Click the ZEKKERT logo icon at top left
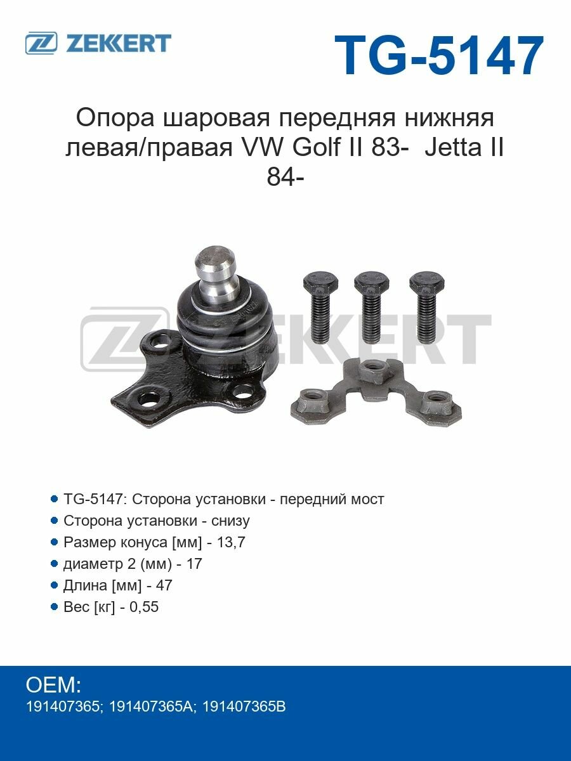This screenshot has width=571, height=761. pyautogui.click(x=41, y=43)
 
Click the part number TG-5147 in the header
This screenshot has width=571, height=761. pyautogui.click(x=439, y=55)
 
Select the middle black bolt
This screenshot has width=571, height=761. pyautogui.click(x=372, y=307)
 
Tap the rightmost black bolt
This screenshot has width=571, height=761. pyautogui.click(x=426, y=307)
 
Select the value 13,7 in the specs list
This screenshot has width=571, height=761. pyautogui.click(x=231, y=542)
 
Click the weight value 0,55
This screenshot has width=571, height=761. pyautogui.click(x=144, y=606)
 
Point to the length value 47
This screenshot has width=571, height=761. pyautogui.click(x=164, y=585)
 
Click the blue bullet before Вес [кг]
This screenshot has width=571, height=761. pyautogui.click(x=54, y=606)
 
